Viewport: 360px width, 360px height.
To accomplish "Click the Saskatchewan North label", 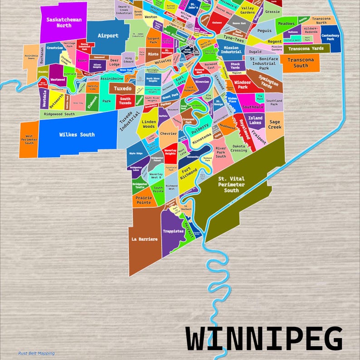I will pos(64,23).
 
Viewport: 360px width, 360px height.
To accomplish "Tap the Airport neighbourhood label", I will pos(108,35).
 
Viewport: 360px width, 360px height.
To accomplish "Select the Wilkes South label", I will pos(77,134).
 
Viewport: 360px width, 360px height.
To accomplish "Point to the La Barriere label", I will pos(144,238).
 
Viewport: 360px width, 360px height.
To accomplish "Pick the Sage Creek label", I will pos(275,124).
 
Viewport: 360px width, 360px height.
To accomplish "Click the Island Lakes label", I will pos(255,121).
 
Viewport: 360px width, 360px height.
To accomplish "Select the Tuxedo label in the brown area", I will pos(122,88).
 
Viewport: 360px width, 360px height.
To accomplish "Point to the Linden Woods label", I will pos(149,124).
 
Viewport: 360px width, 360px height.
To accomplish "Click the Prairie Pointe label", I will pos(143,200).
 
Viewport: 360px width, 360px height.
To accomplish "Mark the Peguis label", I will pos(264,31).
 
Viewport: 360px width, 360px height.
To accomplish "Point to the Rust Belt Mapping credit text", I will pos(36,353).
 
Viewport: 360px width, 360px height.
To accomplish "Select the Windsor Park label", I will pos(243,84).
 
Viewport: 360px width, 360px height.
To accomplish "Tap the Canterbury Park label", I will pos(330,37).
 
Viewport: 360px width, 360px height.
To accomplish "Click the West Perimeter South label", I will pos(29,139).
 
